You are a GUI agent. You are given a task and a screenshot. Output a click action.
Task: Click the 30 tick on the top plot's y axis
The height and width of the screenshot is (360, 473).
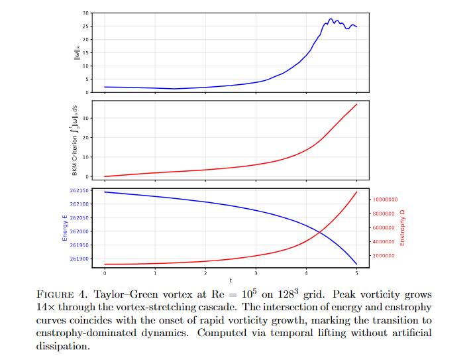[85, 13]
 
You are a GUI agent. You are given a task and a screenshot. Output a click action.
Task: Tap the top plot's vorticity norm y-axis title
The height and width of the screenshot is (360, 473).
[77, 52]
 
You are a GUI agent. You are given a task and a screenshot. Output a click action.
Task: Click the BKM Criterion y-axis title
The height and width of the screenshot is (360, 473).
[76, 139]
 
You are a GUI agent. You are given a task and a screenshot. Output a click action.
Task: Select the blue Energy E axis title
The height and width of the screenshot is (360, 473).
[65, 227]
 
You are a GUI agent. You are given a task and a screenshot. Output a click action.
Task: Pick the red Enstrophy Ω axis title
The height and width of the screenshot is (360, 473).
[402, 227]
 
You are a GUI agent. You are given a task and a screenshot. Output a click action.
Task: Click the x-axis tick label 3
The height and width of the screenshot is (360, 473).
[256, 273]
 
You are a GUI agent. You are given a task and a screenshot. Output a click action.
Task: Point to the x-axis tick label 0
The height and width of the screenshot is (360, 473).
[105, 273]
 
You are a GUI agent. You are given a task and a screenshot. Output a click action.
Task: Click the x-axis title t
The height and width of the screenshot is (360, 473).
[231, 281]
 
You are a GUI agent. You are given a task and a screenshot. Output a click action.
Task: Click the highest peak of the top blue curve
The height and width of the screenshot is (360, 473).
[331, 19]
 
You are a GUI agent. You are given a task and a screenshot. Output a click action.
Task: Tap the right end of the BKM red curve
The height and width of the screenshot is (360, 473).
[357, 104]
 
